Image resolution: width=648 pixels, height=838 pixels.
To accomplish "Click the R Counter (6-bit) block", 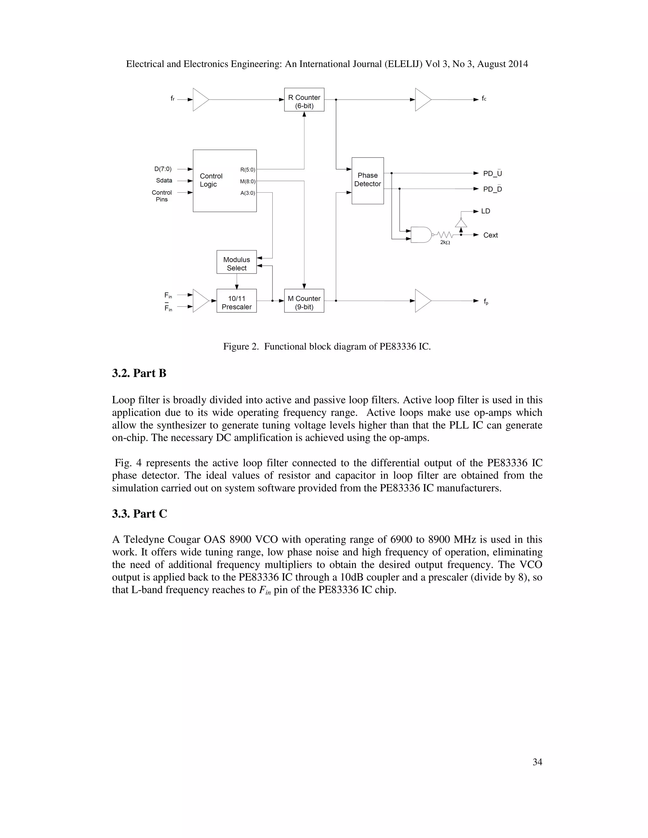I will [x=304, y=100].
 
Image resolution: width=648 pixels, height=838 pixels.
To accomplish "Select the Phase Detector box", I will [x=367, y=180].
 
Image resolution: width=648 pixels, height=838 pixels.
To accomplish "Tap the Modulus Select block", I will [x=236, y=264].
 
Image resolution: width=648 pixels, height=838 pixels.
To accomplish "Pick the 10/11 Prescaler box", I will [x=236, y=302].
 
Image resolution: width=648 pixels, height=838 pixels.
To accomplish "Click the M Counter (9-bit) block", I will [x=304, y=302].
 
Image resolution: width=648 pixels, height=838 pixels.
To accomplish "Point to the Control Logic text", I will [x=211, y=180].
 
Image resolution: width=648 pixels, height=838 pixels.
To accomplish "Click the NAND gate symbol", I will [x=421, y=234].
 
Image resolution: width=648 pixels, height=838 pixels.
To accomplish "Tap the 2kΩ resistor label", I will [x=445, y=243].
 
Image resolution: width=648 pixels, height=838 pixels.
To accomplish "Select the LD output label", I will [x=486, y=211].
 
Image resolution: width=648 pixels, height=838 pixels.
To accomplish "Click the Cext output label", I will [x=490, y=235].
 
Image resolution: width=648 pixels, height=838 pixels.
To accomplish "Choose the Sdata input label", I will [x=164, y=180].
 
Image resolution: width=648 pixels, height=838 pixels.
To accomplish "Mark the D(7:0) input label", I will [x=163, y=169].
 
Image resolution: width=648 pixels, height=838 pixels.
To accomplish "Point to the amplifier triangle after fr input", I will [x=200, y=100].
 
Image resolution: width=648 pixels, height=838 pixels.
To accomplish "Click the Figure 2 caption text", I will [x=327, y=347].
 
